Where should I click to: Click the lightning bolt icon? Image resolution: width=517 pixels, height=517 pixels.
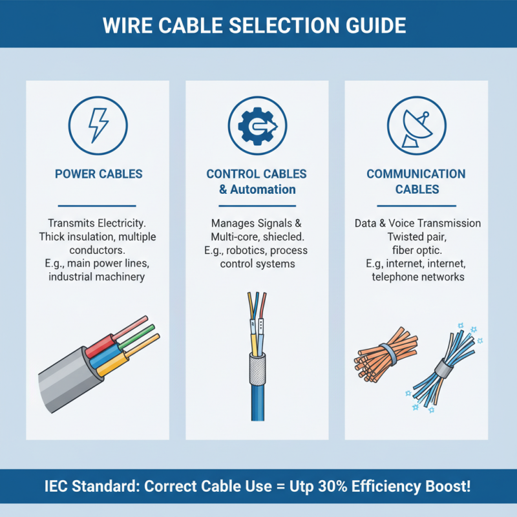(x=98, y=125)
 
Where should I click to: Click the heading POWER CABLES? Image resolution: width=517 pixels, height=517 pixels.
(x=98, y=174)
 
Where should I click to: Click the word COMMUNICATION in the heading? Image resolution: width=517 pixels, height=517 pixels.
(x=416, y=174)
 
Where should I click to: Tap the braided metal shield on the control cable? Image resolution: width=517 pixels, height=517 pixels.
(x=257, y=368)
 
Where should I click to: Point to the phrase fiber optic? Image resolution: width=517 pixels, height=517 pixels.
(x=417, y=250)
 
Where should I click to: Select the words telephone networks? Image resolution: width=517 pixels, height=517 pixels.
(x=417, y=277)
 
